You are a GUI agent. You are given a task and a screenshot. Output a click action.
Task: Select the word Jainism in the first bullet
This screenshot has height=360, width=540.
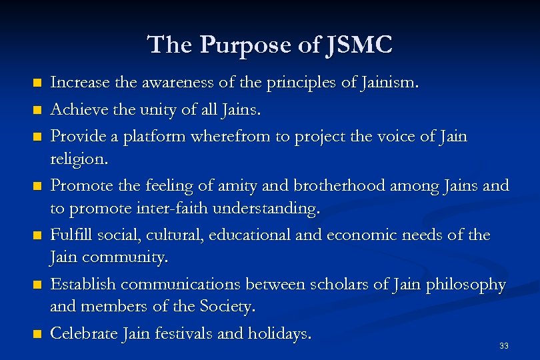coord(393,83)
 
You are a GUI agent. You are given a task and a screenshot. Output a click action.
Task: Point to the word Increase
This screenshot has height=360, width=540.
coord(78,83)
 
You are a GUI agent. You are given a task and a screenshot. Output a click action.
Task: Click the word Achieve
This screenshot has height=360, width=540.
coord(75,109)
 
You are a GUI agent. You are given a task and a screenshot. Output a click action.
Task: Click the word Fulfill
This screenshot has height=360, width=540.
coord(71,235)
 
